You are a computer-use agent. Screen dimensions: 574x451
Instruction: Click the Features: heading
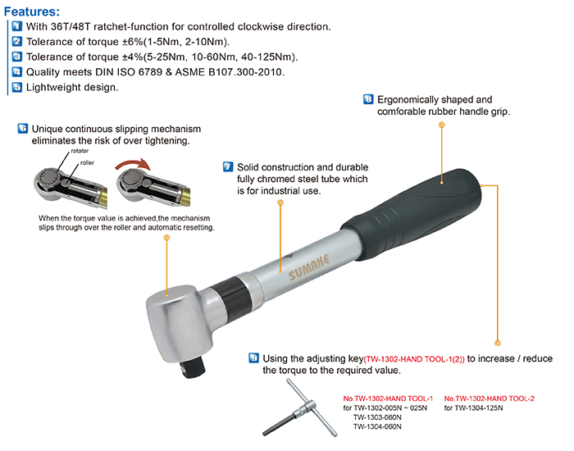(x=32, y=11)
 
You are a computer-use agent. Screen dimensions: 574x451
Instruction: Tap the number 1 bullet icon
(x=17, y=26)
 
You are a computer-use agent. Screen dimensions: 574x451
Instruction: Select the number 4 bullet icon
(x=17, y=72)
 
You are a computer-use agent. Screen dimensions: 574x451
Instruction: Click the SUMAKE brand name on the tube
(x=308, y=266)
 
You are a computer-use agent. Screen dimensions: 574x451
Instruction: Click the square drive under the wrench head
(x=192, y=367)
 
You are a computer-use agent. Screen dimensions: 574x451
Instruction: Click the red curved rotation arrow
(x=133, y=164)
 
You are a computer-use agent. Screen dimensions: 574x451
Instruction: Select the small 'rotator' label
(x=80, y=151)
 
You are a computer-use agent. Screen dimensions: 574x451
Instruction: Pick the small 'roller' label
(x=87, y=162)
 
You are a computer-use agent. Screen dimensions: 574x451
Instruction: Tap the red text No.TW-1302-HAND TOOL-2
(x=489, y=399)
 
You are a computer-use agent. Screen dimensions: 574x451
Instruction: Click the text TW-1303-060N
(x=377, y=417)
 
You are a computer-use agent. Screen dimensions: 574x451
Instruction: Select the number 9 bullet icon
(x=253, y=358)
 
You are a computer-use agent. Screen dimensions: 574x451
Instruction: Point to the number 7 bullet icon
(x=228, y=167)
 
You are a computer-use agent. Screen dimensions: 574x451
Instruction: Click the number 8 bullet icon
(x=368, y=99)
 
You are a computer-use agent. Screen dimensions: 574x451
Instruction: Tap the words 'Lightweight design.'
(x=72, y=87)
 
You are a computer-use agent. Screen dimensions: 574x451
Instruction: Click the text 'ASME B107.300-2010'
(x=229, y=72)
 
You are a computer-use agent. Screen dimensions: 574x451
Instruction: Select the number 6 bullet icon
(x=23, y=129)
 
